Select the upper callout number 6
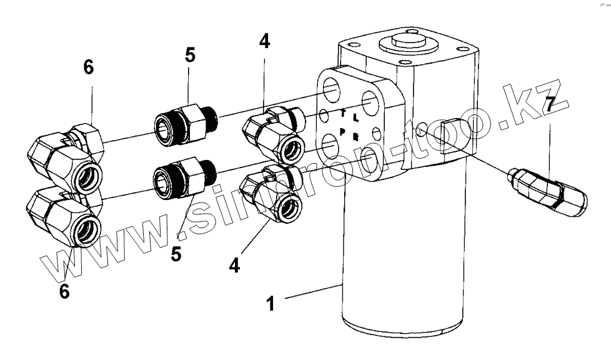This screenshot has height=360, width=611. (89, 67)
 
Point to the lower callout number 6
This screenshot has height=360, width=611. (64, 291)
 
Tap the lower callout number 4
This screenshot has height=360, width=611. (234, 264)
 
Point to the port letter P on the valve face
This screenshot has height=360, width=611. (342, 131)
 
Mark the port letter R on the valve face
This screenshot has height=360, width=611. (355, 134)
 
